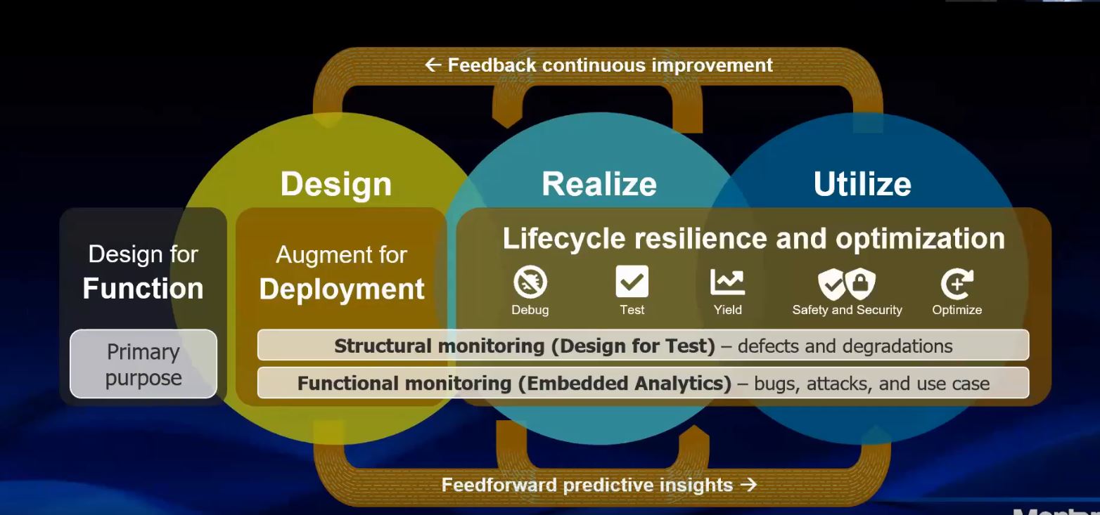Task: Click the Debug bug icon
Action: (x=530, y=282)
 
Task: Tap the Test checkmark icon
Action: (x=632, y=282)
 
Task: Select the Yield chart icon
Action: (x=727, y=282)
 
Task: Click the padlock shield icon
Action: (x=860, y=283)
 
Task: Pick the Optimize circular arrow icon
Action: (x=957, y=283)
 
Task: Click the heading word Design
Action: (x=336, y=184)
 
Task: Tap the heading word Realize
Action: (x=599, y=184)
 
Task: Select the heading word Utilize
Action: (x=862, y=184)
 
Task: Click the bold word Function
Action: (x=143, y=288)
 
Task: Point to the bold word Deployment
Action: (x=342, y=289)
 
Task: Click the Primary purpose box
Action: (x=143, y=363)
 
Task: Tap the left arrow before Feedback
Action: (x=433, y=65)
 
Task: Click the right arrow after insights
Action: (x=749, y=485)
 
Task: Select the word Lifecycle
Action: (x=564, y=239)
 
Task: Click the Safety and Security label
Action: (x=847, y=310)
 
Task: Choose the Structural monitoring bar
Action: (x=644, y=345)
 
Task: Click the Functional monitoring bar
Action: (x=644, y=383)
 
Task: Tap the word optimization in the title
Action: (x=920, y=239)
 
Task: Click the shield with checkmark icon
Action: (x=831, y=284)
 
